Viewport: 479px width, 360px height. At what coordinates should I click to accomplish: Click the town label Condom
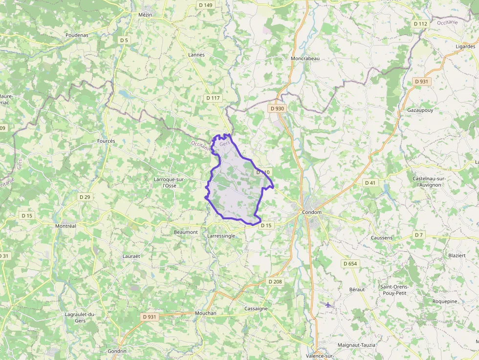click(x=312, y=212)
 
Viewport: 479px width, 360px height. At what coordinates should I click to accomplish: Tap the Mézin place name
click(x=146, y=15)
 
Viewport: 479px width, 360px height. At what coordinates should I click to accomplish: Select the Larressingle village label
click(x=221, y=236)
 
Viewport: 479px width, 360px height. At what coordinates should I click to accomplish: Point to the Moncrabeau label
click(x=305, y=58)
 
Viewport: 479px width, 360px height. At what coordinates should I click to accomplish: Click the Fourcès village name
click(x=106, y=141)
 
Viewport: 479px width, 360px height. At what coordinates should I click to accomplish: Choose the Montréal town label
click(x=65, y=226)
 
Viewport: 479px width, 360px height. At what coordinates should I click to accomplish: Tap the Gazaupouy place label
click(x=420, y=110)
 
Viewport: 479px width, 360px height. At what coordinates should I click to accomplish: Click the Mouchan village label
click(x=205, y=313)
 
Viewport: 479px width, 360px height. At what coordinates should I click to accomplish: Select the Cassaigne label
click(x=256, y=309)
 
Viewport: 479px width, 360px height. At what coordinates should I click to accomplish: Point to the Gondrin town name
click(x=117, y=351)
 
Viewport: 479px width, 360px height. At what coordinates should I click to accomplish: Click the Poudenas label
click(x=77, y=35)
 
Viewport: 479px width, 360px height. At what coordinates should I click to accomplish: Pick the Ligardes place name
click(x=465, y=46)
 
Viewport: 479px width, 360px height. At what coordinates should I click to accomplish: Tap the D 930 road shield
click(x=276, y=108)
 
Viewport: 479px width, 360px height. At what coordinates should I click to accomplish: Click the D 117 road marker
click(x=214, y=98)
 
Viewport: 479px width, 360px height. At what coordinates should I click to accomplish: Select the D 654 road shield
click(x=350, y=264)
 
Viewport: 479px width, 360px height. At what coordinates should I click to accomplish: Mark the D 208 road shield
click(x=275, y=282)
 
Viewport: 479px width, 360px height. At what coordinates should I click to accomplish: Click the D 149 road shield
click(x=206, y=5)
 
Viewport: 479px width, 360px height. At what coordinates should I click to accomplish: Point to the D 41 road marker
click(x=370, y=183)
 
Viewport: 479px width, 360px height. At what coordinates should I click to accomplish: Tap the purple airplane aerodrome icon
click(x=327, y=305)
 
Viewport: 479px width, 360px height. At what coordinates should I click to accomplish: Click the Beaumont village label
click(x=186, y=232)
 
